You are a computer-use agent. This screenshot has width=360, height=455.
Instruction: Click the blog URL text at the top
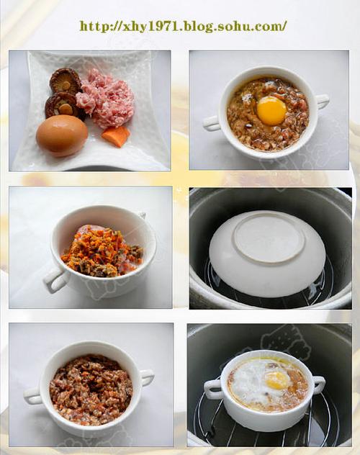pos(183,27)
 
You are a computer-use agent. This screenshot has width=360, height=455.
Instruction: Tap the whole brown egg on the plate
pos(62,135)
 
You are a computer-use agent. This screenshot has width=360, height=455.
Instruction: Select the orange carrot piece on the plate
pos(116,136)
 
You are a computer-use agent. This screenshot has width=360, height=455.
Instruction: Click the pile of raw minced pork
pos(105,98)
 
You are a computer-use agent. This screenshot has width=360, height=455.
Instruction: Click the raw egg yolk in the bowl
pos(272,111)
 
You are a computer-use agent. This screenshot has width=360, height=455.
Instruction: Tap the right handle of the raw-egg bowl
pos(323,101)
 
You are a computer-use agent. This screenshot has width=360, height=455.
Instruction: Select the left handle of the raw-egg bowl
pos(212,122)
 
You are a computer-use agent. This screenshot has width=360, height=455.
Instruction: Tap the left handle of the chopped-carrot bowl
pos(55,280)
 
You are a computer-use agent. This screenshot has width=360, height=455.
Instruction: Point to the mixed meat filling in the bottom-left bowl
pos(91,388)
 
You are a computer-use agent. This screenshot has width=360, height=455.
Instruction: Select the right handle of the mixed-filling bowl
pos(148,377)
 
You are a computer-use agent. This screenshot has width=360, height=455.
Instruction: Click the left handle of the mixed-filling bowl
pos(33,396)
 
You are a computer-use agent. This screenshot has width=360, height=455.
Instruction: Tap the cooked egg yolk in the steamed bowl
pos(277,380)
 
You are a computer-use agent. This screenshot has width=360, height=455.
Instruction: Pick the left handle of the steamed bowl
pos(213,386)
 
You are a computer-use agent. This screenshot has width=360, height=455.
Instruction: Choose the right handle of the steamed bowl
pos(319,383)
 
